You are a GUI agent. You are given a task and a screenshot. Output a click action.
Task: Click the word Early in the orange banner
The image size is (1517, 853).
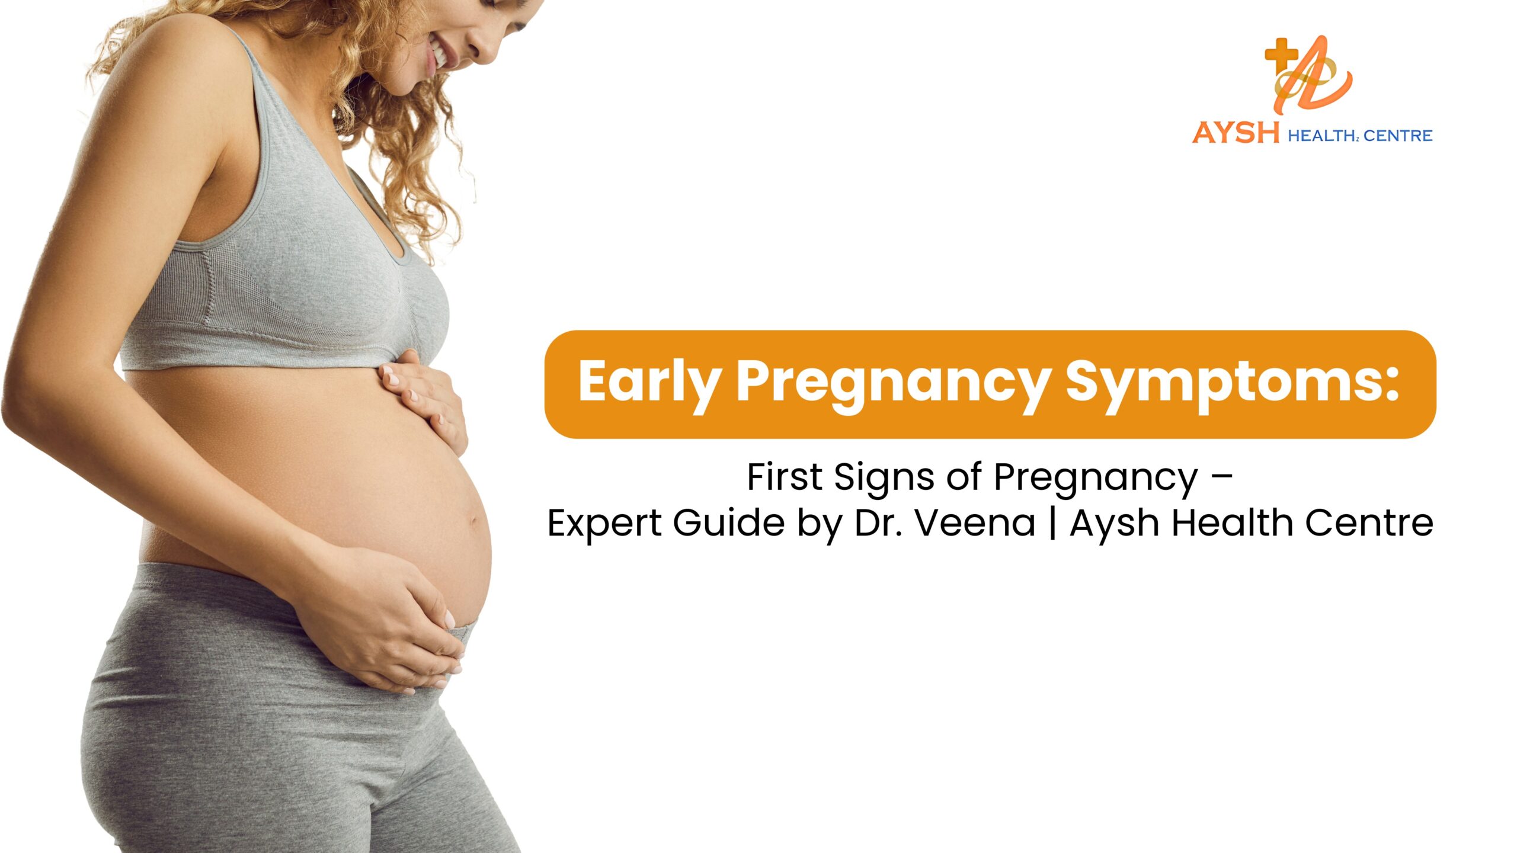pyautogui.click(x=648, y=382)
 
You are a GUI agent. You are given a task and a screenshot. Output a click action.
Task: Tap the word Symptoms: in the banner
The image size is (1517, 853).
pyautogui.click(x=1232, y=382)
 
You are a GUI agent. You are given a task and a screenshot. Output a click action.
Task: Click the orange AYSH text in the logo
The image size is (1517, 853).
pyautogui.click(x=1236, y=133)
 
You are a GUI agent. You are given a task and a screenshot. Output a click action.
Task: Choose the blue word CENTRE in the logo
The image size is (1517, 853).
pyautogui.click(x=1398, y=136)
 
